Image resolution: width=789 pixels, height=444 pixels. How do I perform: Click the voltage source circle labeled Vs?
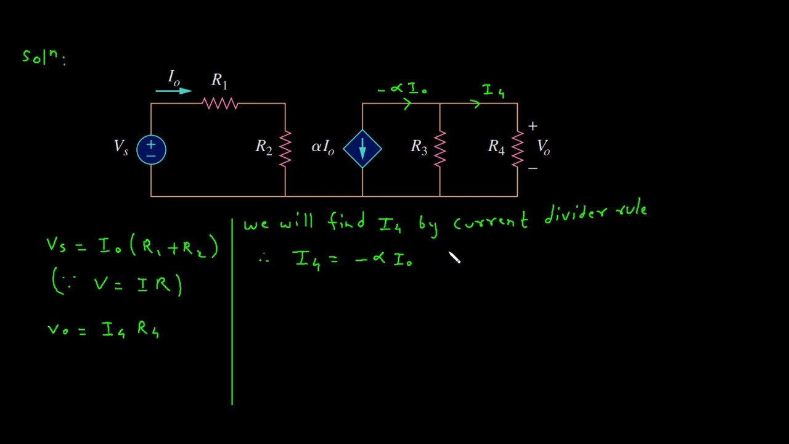tap(151, 150)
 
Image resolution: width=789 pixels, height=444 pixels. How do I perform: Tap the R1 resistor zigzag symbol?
tap(220, 104)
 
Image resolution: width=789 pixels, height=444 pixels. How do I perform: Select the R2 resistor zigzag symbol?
tap(285, 149)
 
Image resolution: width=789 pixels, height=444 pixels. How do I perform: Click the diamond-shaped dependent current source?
tap(362, 149)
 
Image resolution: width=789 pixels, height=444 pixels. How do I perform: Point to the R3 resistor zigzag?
tap(440, 149)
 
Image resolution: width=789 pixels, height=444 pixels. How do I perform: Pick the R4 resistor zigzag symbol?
tap(517, 149)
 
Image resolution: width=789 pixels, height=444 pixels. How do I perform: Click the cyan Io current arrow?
tap(174, 91)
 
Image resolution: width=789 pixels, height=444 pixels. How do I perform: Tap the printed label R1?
tap(219, 81)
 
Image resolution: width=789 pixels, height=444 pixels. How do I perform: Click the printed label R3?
tap(419, 147)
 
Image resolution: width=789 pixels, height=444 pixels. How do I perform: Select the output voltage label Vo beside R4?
tap(544, 147)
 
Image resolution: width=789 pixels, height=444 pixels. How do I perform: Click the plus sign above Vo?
tap(533, 126)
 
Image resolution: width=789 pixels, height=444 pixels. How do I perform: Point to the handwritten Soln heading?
tap(44, 57)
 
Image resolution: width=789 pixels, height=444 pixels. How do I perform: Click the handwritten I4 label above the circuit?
tap(494, 91)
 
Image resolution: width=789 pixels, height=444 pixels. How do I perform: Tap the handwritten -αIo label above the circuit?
tap(402, 88)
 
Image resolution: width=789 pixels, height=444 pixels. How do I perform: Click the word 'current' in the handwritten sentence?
tap(491, 221)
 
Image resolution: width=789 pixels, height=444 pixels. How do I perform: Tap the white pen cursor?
tap(454, 257)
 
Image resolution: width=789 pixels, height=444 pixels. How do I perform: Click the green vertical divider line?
tap(232, 312)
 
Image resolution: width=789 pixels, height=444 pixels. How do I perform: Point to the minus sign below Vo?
tap(533, 168)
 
